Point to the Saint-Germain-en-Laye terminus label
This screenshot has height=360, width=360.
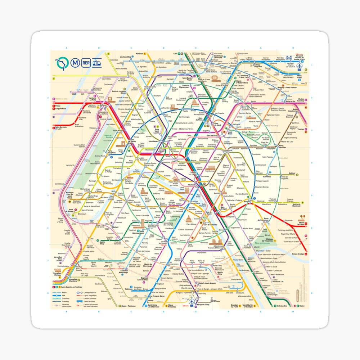tap(62, 128)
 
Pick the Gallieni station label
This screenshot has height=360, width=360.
tap(292, 173)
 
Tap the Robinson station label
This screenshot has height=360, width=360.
tap(129, 289)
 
